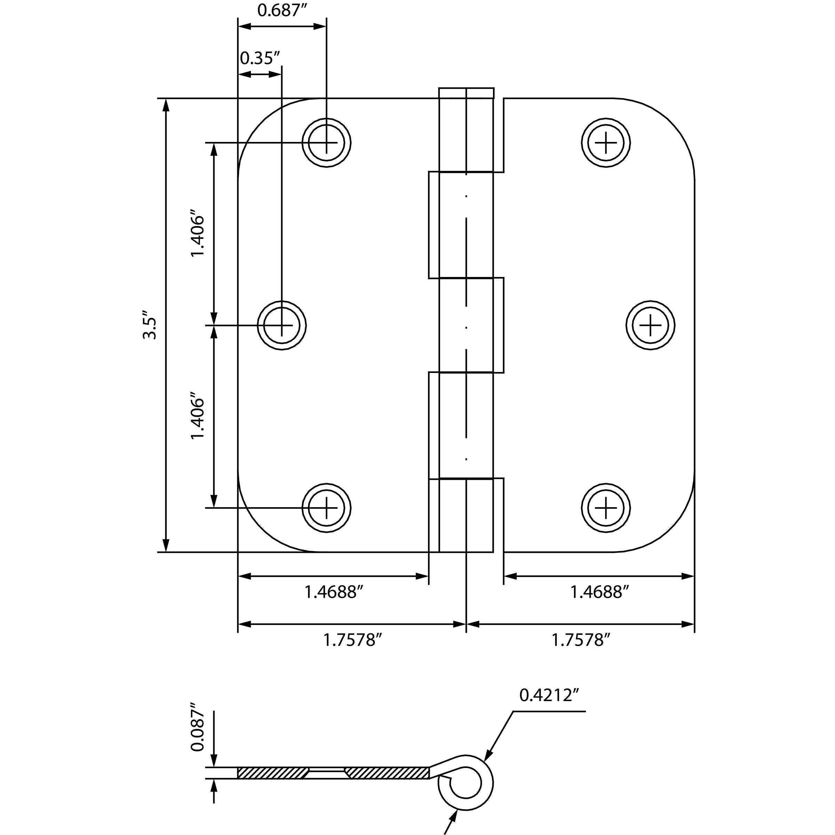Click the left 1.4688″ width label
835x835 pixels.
click(333, 592)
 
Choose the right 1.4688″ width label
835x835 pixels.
click(599, 592)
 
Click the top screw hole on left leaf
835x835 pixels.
click(326, 143)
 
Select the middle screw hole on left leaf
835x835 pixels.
click(282, 325)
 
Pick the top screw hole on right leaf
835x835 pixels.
click(605, 143)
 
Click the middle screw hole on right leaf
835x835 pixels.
click(651, 325)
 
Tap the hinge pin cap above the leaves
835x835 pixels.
click(466, 93)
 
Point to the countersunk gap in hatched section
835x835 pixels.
click(326, 773)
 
